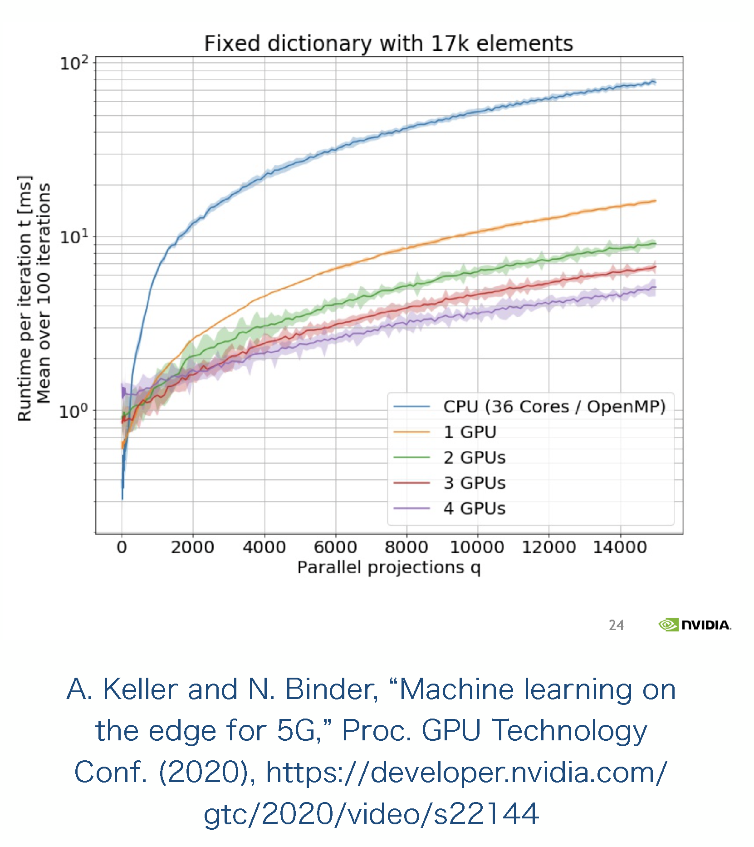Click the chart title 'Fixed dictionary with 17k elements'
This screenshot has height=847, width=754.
[388, 44]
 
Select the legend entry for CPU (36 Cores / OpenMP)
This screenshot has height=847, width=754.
[554, 407]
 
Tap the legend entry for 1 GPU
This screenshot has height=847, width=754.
[470, 432]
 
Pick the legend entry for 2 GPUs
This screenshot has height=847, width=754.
[474, 458]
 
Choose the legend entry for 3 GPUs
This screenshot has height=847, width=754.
[474, 483]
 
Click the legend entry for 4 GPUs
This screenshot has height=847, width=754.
[474, 508]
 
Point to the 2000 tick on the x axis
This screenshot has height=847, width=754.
[193, 547]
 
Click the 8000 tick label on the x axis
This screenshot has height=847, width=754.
[406, 547]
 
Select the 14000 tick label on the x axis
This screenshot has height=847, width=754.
[620, 547]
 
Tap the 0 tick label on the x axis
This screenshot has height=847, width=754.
[122, 547]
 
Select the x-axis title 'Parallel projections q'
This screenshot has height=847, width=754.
[389, 567]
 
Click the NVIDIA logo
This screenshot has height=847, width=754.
[695, 625]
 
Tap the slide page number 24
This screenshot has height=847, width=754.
[616, 625]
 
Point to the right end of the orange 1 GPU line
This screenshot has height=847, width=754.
[655, 201]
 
